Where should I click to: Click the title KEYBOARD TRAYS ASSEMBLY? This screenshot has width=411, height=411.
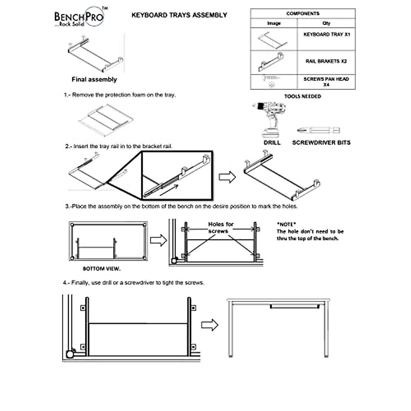(x=179, y=15)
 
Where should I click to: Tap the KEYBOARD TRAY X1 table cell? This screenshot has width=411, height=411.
(x=326, y=35)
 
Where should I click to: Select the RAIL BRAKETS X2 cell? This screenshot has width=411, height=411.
(x=326, y=61)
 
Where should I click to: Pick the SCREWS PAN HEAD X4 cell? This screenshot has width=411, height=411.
(x=326, y=82)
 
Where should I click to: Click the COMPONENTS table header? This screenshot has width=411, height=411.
(x=303, y=14)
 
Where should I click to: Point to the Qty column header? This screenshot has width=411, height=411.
(x=326, y=23)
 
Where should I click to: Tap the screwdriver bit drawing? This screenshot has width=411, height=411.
(x=318, y=130)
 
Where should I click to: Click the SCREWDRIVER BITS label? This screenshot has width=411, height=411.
(x=321, y=143)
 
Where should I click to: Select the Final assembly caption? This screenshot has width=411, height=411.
(x=94, y=79)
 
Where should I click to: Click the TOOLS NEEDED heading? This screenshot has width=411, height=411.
(x=302, y=97)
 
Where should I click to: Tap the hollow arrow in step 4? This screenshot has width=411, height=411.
(x=209, y=325)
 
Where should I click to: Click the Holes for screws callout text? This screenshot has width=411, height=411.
(x=221, y=227)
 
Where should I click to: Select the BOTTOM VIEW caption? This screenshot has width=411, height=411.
(x=102, y=269)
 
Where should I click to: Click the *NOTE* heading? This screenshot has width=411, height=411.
(x=286, y=224)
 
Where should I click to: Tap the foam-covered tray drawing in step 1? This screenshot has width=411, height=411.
(x=105, y=120)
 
